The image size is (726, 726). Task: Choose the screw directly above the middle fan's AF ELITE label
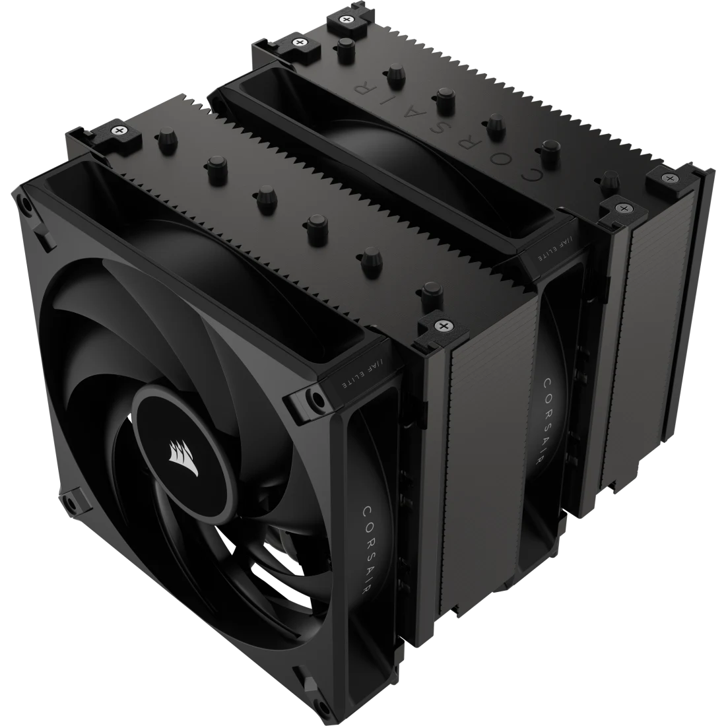[621, 208]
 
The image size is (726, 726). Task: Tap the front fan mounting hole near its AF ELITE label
[317, 399]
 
